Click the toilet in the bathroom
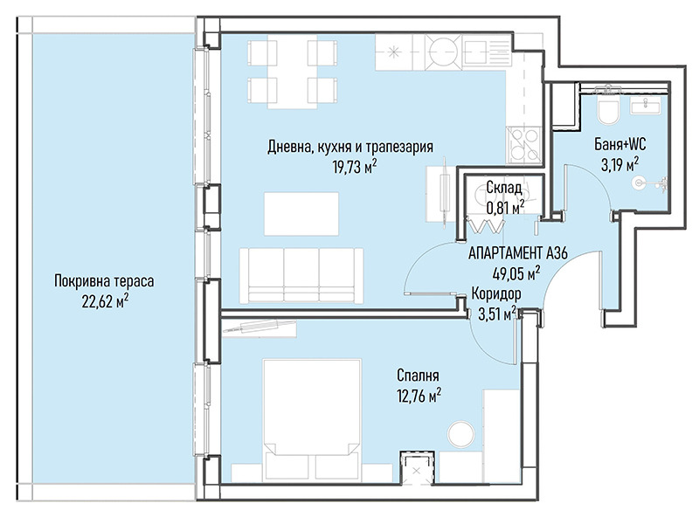(608, 111)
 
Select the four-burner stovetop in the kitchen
(523, 144)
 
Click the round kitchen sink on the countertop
(442, 52)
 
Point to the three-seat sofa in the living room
(301, 276)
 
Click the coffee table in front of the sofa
(301, 214)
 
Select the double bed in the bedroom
(312, 420)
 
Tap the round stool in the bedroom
(461, 434)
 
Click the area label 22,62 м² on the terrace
(105, 302)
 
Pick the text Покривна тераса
(104, 282)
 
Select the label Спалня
(418, 376)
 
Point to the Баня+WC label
(619, 144)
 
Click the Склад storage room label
(504, 188)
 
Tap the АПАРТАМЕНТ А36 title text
(517, 253)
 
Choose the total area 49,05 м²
(516, 272)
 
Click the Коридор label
(496, 294)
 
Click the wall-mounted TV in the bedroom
(259, 327)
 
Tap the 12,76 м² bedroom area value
(419, 396)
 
